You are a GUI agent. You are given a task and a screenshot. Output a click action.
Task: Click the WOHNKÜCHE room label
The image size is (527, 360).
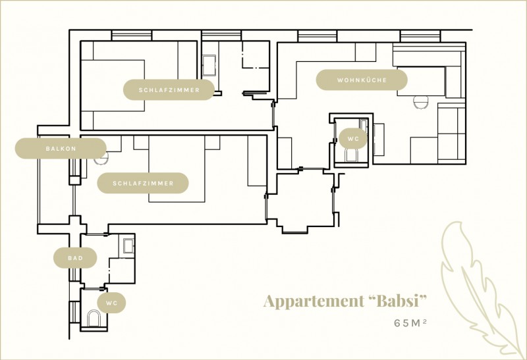(x=362, y=80)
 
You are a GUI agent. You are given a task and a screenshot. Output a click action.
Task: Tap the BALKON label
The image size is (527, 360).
(x=61, y=149)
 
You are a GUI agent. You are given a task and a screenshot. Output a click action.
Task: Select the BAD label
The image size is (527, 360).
(x=75, y=258)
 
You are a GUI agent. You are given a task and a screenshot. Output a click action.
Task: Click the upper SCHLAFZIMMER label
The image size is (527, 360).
(x=169, y=90)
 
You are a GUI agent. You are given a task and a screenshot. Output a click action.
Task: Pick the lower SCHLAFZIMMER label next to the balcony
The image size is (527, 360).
(x=143, y=183)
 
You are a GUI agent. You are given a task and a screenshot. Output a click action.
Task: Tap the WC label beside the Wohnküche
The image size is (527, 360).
(x=353, y=140)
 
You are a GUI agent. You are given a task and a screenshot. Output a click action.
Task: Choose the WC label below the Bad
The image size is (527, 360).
(x=111, y=303)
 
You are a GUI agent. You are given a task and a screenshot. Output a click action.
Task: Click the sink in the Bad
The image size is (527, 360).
(x=127, y=246)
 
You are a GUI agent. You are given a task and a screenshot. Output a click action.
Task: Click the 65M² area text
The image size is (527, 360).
(x=411, y=323)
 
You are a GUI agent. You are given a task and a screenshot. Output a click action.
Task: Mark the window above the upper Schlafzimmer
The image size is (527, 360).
(x=132, y=36)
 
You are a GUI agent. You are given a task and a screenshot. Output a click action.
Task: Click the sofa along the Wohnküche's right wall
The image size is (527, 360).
(x=452, y=135)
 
